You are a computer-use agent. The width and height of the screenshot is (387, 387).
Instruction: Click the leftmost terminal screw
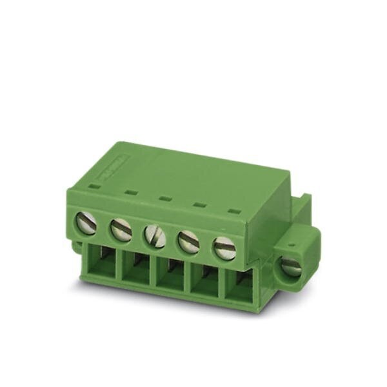86,223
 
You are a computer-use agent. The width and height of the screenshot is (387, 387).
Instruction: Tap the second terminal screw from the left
121,230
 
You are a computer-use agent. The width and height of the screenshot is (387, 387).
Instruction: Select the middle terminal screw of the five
155,236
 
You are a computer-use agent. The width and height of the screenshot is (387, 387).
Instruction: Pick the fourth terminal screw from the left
189,242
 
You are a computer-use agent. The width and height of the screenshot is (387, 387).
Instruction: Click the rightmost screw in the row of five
224,248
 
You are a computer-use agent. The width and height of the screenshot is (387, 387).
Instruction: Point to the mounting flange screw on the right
291,266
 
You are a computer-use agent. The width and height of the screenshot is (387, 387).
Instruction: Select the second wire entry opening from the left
136,269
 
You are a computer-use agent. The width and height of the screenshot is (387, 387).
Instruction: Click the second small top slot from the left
130,192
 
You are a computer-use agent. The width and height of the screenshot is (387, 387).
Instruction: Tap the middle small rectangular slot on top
165,199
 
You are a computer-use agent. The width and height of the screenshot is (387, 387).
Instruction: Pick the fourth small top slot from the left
200,205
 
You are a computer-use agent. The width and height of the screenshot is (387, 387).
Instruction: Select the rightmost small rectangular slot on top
235,211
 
